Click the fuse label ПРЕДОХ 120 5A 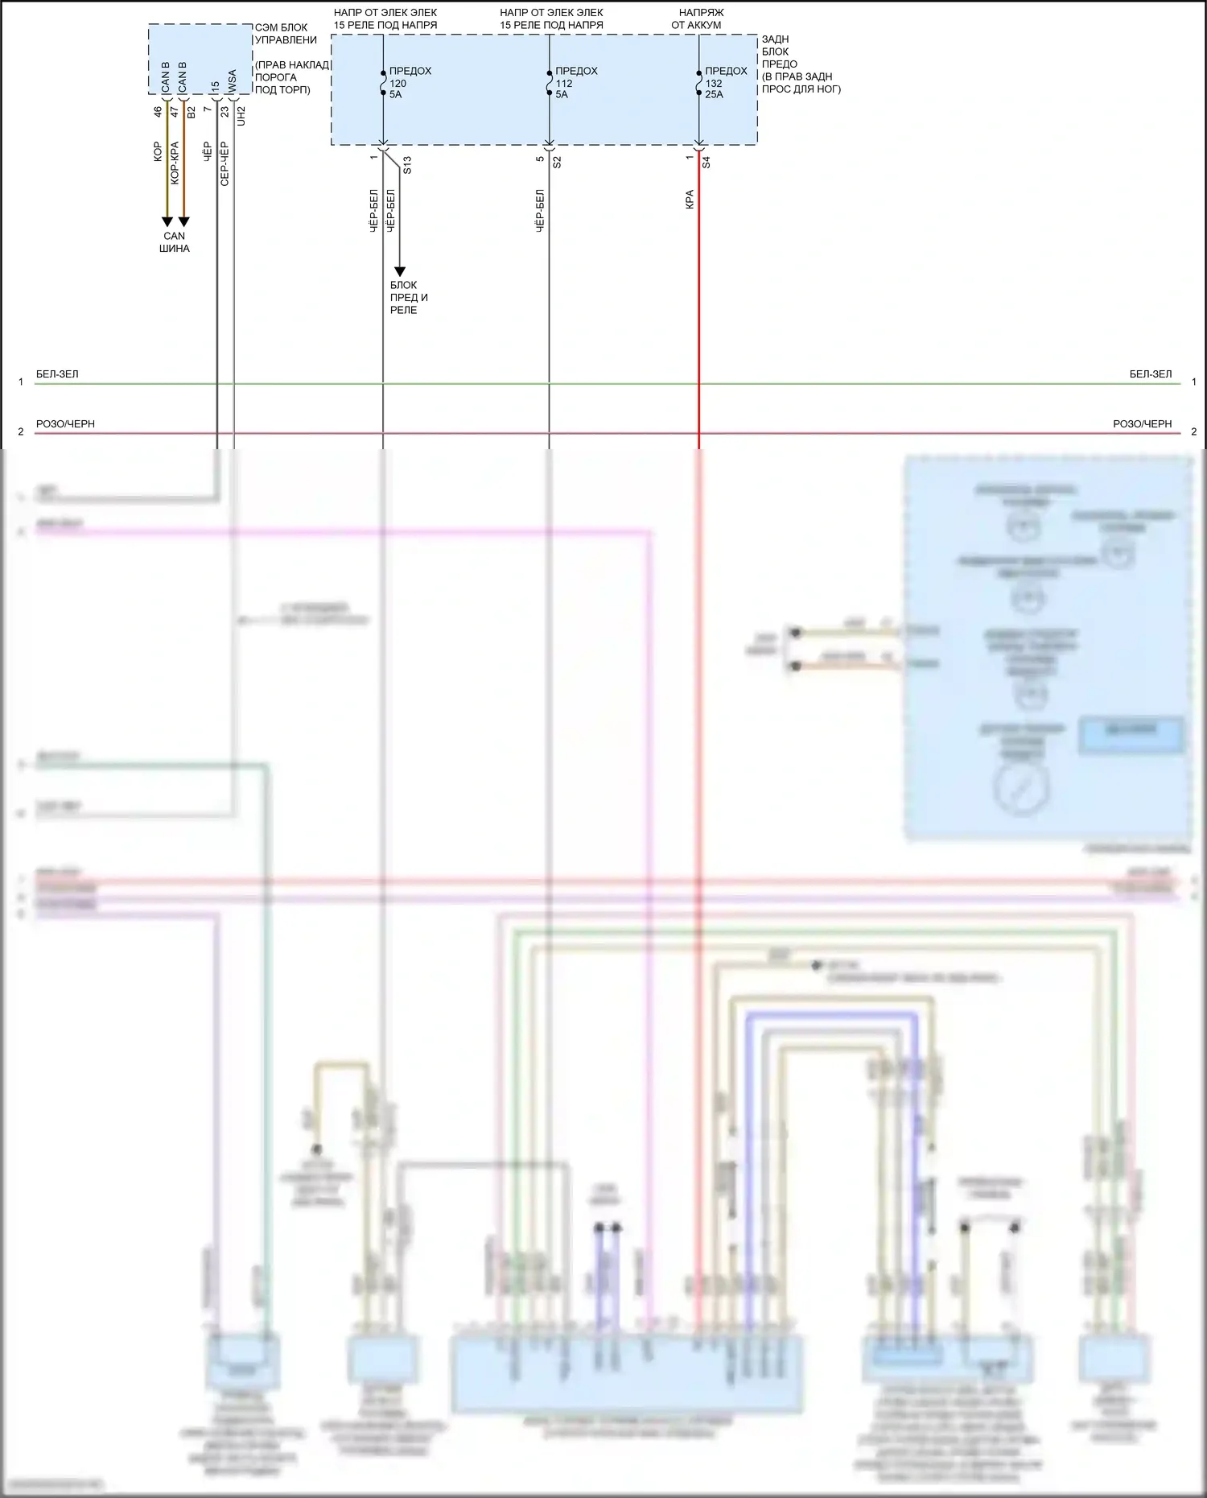[409, 83]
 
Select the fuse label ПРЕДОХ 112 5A [575, 83]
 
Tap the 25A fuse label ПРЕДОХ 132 [725, 83]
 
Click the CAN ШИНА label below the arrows [175, 242]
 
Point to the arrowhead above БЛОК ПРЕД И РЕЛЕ [399, 272]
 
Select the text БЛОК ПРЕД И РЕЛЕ [409, 297]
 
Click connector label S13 [407, 165]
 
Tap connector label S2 [557, 162]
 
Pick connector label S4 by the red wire [706, 162]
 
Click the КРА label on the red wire [690, 200]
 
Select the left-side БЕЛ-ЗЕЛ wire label [57, 374]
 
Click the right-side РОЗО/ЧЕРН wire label [1142, 424]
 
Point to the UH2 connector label [241, 116]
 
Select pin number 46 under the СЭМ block [158, 112]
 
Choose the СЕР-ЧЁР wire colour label [225, 163]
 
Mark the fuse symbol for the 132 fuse [698, 83]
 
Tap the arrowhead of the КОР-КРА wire [183, 221]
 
